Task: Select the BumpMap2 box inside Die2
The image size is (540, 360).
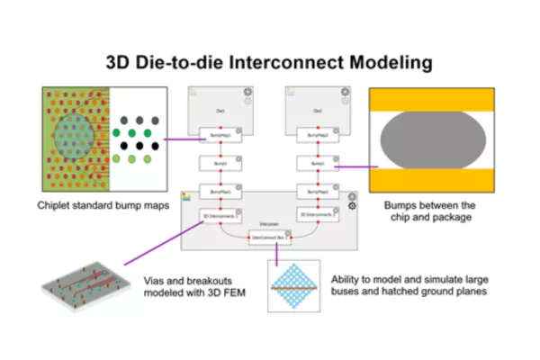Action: point(318,136)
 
